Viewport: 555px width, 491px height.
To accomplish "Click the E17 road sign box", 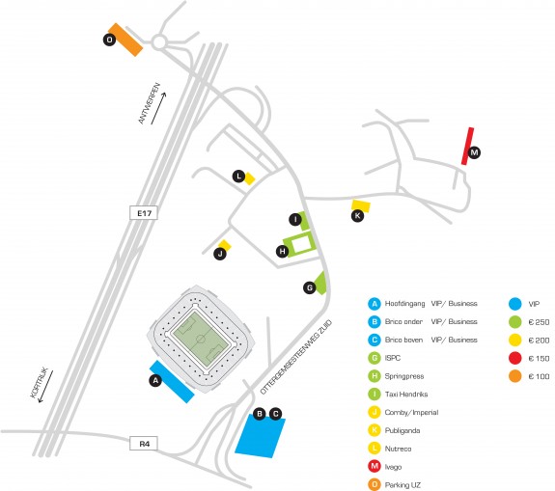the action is (144, 212).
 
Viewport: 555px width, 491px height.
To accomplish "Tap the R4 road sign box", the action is (144, 443).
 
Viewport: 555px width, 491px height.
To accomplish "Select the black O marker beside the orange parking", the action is (110, 40).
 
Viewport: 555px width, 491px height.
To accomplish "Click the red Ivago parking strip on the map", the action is (467, 146).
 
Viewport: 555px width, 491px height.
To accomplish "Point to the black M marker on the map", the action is (474, 152).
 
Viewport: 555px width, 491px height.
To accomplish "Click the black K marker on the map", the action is (357, 215).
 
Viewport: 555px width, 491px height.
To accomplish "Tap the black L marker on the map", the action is (239, 177).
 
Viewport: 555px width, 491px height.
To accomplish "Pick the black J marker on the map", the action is (220, 254).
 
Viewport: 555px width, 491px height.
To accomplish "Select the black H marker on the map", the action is (283, 251).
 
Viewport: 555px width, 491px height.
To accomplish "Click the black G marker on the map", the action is (310, 287).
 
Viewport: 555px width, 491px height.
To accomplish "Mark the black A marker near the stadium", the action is (155, 380).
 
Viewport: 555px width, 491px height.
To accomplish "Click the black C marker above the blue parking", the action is (275, 414).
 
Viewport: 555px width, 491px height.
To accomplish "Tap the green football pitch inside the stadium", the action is (201, 340).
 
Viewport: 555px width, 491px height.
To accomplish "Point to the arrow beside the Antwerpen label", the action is (158, 108).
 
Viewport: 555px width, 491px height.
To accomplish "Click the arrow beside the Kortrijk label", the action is (45, 386).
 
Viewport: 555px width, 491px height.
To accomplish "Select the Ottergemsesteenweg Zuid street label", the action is (296, 357).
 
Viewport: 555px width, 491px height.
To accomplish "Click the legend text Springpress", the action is (404, 376).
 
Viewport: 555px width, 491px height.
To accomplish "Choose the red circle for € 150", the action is (515, 358).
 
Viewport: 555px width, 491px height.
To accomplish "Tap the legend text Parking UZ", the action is (402, 485).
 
